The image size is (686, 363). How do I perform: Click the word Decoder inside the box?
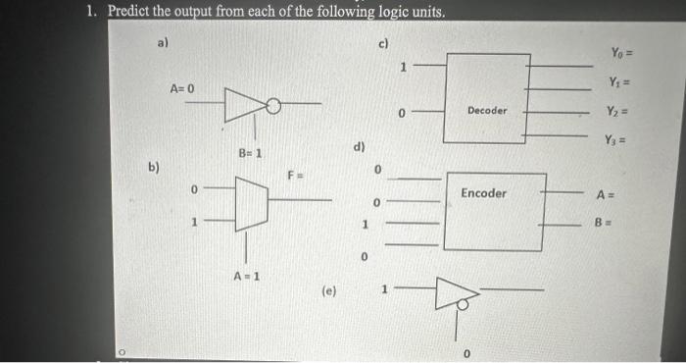tap(487, 111)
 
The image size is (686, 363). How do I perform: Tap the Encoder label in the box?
tap(484, 193)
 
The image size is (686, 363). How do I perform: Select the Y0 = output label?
tap(622, 52)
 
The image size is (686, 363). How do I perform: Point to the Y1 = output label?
tap(620, 82)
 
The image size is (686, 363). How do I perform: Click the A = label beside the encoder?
tap(605, 194)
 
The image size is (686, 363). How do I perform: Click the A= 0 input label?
tap(182, 89)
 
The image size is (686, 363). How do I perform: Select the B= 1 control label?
tap(250, 153)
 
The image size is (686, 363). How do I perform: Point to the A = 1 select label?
tap(246, 276)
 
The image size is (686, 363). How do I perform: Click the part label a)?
tap(164, 41)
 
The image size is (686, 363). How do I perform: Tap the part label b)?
tap(154, 167)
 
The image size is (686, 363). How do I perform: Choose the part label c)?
tap(383, 43)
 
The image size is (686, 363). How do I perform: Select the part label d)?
tap(359, 148)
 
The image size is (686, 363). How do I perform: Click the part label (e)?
tap(329, 290)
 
